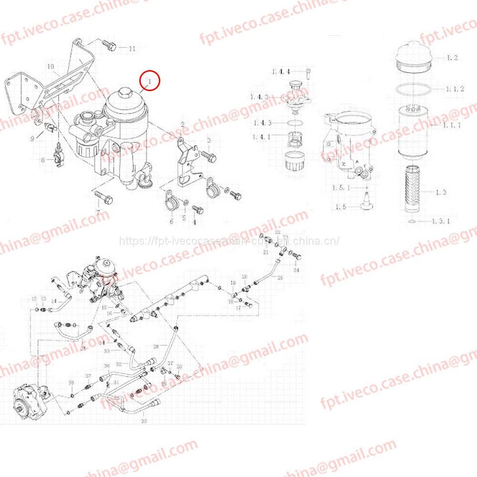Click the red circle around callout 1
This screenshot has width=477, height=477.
150,80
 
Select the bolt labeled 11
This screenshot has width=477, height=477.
110,46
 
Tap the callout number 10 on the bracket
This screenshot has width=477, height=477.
50,67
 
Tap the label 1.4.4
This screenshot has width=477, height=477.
281,72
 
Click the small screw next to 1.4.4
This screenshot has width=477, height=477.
309,73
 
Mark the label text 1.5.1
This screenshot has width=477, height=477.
341,188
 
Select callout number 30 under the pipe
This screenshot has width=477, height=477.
144,421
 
